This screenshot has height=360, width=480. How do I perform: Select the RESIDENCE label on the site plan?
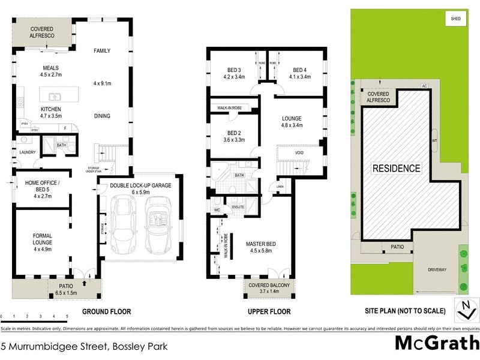click(397, 168)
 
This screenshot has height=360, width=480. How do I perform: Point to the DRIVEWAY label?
click(437, 270)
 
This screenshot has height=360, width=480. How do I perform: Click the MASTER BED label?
click(261, 247)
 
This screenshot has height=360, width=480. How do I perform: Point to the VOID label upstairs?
click(299, 153)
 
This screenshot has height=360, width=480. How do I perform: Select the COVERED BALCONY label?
click(269, 289)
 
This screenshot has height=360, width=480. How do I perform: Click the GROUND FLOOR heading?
click(106, 312)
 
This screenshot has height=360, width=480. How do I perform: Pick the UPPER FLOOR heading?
click(269, 312)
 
